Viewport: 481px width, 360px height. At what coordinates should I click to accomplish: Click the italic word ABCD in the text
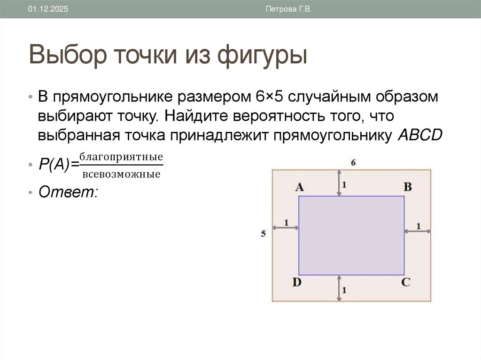point(420,135)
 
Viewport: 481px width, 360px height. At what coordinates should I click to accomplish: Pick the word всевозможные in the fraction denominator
point(121,175)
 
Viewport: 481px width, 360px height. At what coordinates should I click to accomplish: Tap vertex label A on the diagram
point(299,187)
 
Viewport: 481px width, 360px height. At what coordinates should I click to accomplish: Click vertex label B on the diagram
point(408,187)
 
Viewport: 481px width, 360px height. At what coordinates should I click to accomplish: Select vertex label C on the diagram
point(406,283)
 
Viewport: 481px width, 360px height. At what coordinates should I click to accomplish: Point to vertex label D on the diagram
point(297,283)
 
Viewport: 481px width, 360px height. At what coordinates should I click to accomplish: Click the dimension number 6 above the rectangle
point(352,162)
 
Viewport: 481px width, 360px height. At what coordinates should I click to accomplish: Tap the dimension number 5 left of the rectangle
point(264,233)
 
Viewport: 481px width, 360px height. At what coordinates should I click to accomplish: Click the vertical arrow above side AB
point(338,183)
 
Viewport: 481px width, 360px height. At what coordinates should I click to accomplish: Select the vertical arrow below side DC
point(338,288)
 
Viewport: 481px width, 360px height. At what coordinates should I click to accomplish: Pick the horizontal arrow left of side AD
point(285,227)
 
